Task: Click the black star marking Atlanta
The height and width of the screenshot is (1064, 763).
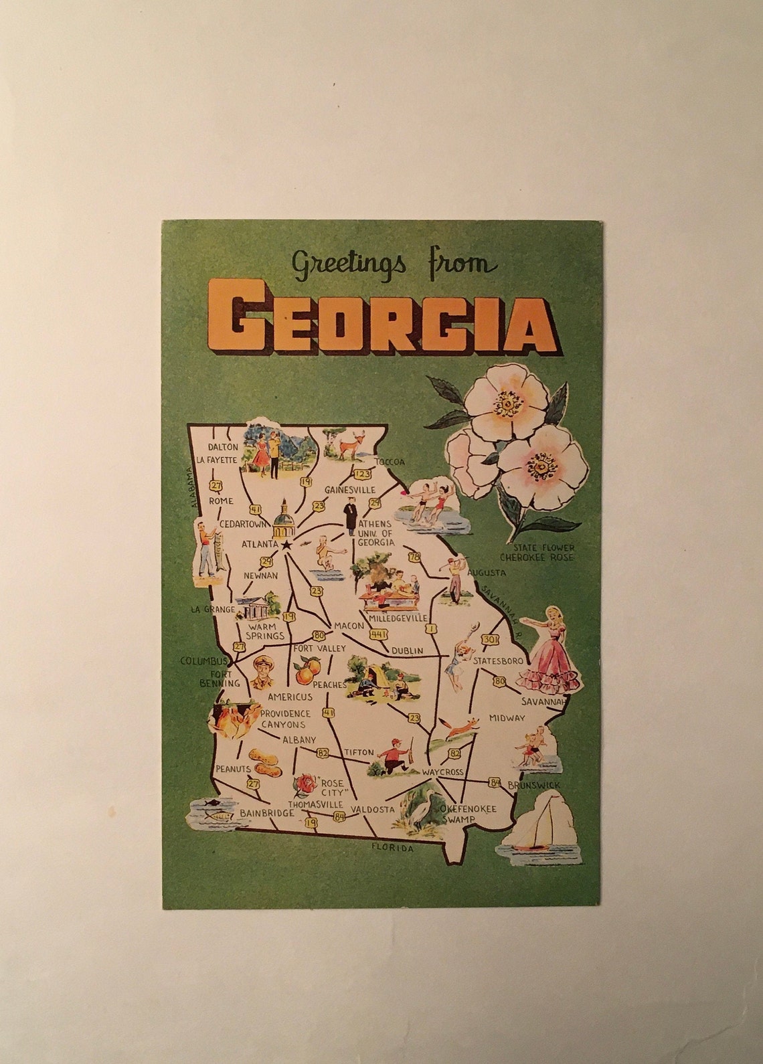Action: (x=287, y=545)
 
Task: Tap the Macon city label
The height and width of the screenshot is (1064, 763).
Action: (x=348, y=626)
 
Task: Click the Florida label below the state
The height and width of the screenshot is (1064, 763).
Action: (x=393, y=849)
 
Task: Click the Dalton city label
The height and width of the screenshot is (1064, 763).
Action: (x=222, y=446)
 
